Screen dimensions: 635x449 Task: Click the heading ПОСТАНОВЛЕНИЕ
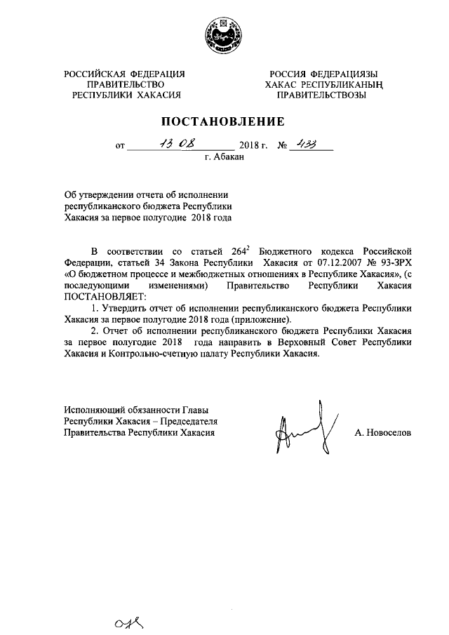[224, 120]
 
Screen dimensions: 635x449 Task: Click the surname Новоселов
[383, 433]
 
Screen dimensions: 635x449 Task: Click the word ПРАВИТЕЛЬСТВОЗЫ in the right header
[321, 95]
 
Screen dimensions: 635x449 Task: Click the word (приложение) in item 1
[260, 320]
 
